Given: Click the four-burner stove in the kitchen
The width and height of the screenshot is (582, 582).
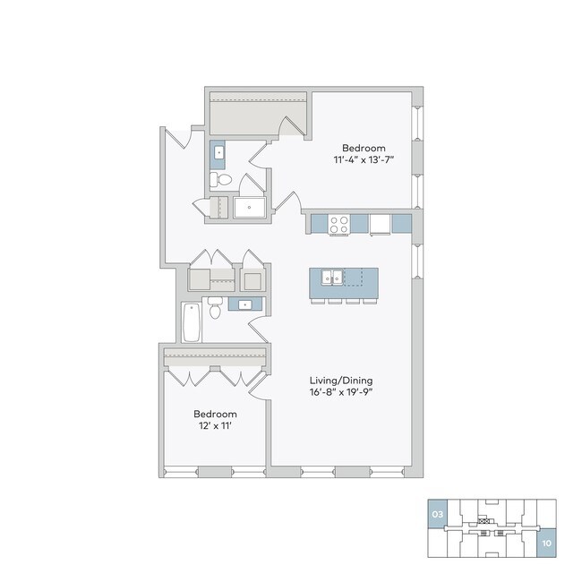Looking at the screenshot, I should coord(338,224).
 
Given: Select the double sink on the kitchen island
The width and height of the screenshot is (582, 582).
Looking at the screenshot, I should coord(334,278).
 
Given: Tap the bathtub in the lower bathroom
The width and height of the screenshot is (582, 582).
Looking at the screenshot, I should coord(190,322).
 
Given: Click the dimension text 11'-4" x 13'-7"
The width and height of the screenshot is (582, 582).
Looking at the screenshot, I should coord(363,160).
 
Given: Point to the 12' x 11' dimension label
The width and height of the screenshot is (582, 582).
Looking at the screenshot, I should coord(215,427).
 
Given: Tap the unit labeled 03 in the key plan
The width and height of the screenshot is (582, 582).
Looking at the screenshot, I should coord(437,515).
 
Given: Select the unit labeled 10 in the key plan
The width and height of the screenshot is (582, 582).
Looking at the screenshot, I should coord(545,543).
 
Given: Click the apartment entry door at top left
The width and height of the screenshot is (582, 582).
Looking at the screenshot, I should coord(179,139).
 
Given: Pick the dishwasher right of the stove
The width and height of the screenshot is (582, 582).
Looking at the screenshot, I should coord(380,224).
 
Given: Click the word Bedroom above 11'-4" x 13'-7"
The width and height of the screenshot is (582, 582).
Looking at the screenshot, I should coord(363,148).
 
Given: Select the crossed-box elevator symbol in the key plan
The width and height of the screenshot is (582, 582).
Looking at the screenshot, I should coord(486,520).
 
